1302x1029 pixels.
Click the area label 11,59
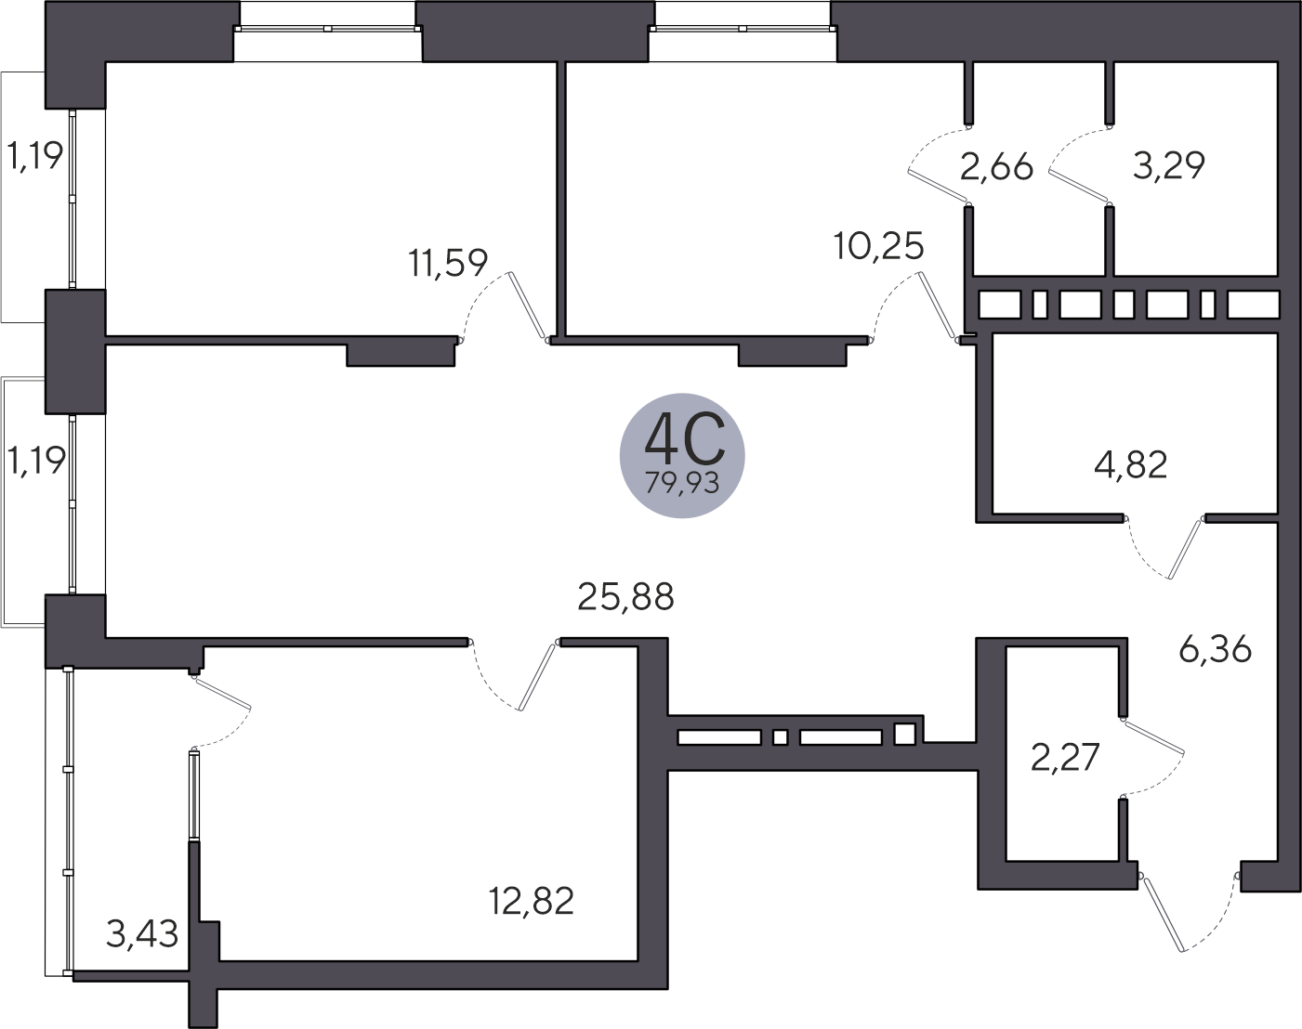point(448,263)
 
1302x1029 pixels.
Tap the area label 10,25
point(878,246)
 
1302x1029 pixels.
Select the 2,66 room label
point(996,166)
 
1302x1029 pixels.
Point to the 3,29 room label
point(1168,165)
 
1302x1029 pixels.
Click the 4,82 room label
point(1131,465)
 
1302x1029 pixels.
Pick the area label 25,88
point(625,597)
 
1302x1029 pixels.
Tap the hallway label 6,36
point(1215,650)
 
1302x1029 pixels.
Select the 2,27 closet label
point(1065,758)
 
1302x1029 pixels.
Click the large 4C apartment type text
point(684,436)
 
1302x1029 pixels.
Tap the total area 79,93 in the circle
point(682,483)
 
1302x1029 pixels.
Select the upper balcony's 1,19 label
point(34,156)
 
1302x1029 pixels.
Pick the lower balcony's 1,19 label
point(35,461)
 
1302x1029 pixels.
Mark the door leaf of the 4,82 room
point(1185,548)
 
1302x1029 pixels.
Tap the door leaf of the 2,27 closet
point(1153,736)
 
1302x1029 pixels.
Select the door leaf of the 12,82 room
point(537,676)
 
